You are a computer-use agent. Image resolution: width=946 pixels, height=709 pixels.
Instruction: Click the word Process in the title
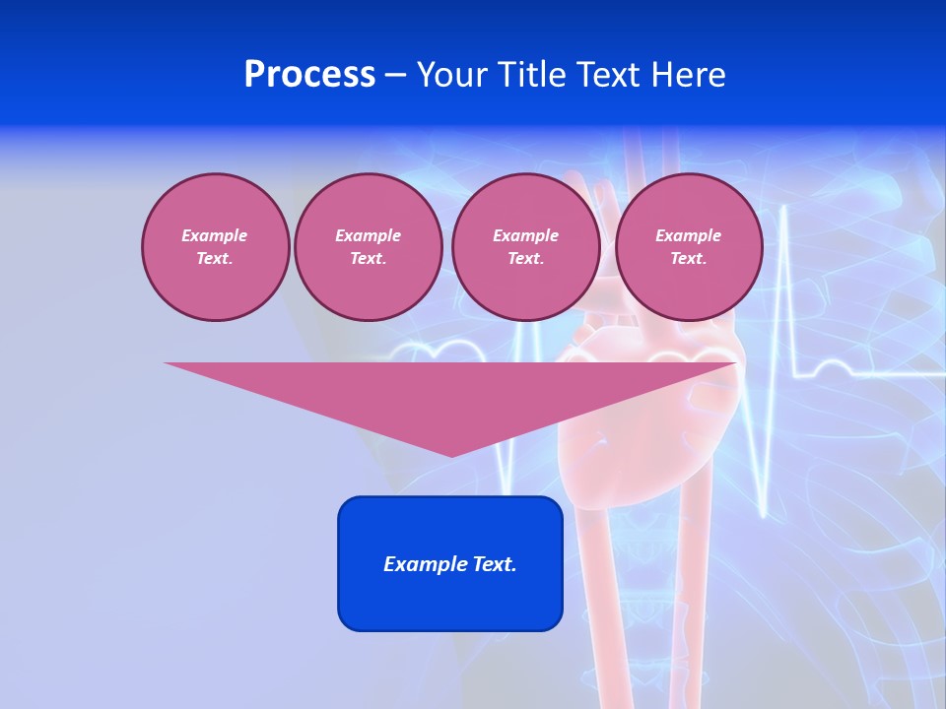click(309, 75)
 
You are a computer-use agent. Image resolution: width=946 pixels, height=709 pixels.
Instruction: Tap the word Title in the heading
click(536, 75)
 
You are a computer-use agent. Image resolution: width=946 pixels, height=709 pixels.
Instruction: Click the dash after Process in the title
click(395, 76)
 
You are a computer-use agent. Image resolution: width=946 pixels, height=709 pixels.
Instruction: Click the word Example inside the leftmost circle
click(215, 235)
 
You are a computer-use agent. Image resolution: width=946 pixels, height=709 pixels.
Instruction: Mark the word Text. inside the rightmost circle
click(688, 258)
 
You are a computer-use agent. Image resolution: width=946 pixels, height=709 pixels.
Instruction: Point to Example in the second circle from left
click(368, 235)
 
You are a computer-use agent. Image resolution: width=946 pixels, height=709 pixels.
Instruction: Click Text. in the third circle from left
click(525, 258)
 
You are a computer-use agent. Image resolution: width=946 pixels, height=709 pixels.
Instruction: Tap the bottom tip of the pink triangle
click(451, 454)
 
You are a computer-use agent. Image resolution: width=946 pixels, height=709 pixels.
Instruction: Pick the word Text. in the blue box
click(495, 564)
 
